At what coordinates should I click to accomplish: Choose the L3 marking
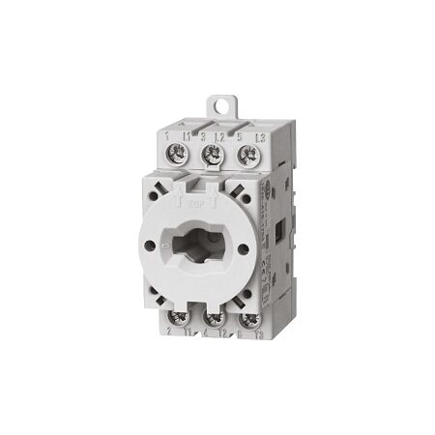point(254,136)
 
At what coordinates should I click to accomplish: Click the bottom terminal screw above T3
point(247,320)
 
